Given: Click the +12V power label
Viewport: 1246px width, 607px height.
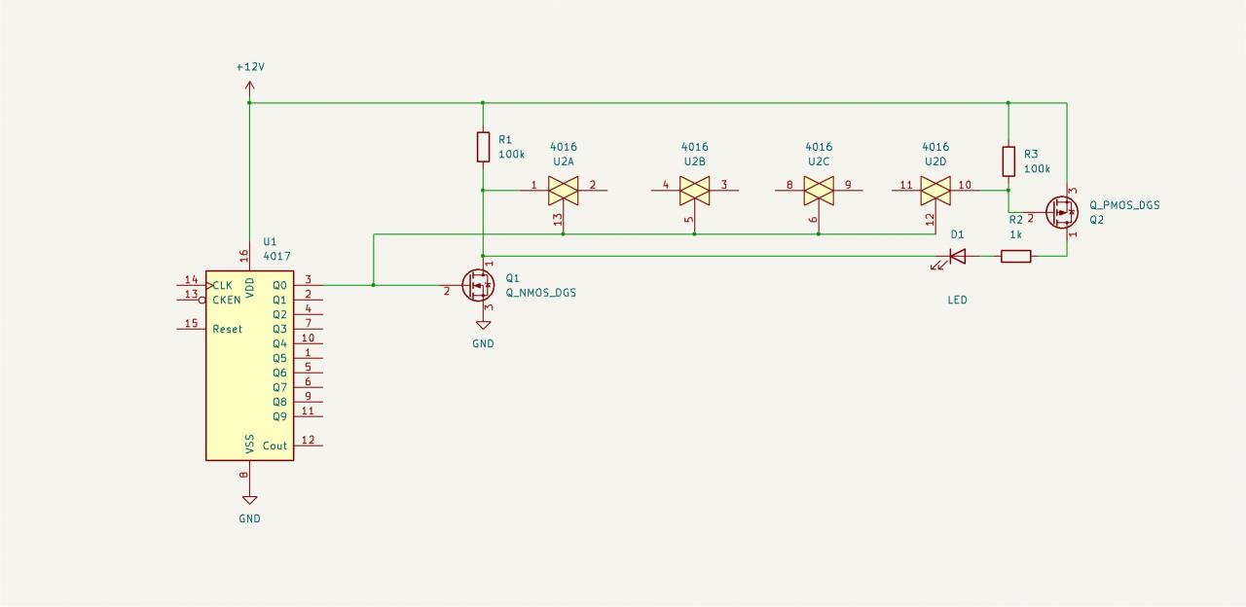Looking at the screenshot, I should click(250, 67).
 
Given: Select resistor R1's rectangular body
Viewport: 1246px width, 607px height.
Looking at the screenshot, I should click(483, 147).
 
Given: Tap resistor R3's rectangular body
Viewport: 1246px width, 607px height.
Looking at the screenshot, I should click(1008, 161).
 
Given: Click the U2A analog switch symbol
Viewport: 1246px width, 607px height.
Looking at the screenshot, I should click(564, 191).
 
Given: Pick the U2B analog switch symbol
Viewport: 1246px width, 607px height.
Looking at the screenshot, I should click(694, 191).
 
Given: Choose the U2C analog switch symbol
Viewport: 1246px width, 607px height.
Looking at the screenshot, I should click(819, 191).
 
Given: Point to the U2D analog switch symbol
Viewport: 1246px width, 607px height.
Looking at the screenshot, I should click(935, 191).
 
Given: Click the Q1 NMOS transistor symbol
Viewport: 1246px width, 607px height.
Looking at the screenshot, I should click(480, 286).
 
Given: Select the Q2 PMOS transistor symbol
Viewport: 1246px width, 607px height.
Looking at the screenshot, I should click(1061, 212).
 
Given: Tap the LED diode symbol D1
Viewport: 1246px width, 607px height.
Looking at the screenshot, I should click(957, 257).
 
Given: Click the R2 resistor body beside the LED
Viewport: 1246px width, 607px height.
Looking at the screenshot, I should click(1016, 257).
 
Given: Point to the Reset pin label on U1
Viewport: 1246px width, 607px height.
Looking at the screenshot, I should click(228, 329).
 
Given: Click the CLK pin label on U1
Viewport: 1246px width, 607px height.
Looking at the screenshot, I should click(223, 285).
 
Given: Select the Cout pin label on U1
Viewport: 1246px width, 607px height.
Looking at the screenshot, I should click(275, 446).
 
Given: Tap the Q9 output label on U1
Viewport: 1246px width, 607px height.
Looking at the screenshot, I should click(279, 416).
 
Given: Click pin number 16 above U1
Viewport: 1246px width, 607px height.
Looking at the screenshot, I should click(244, 256).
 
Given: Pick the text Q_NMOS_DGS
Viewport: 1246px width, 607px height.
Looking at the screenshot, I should click(540, 293).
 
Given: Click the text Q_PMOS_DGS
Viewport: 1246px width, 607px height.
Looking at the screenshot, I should click(1124, 205).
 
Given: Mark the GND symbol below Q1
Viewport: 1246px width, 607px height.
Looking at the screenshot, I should click(483, 326).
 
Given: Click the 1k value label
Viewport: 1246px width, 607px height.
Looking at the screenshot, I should click(1015, 234).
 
